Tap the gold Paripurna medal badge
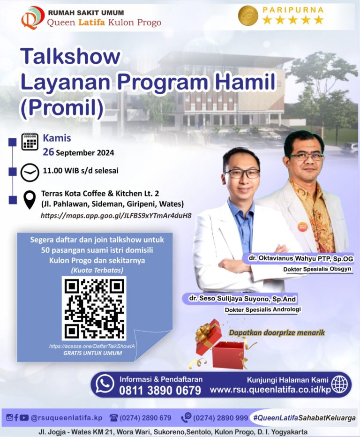pos(248,15)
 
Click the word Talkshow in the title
pos(70,57)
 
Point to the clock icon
pos(30,172)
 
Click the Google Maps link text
pos(116,216)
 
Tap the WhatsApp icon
pos(105,384)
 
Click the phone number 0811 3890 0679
pos(160,390)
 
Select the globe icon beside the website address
pos(339,384)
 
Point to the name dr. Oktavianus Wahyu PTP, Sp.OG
pos(298,259)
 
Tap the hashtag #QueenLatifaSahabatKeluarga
pos(303,417)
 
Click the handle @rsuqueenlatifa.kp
pos(66,417)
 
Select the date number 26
pos(48,152)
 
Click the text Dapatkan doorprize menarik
pos(277,333)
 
